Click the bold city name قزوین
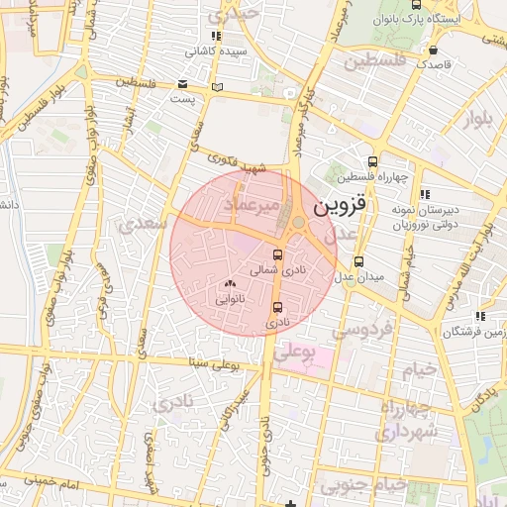(x=341, y=208)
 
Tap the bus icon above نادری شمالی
(x=276, y=254)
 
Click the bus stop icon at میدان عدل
(x=358, y=262)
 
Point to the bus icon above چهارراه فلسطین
(x=372, y=162)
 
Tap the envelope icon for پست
(x=182, y=85)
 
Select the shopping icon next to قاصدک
(x=433, y=50)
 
